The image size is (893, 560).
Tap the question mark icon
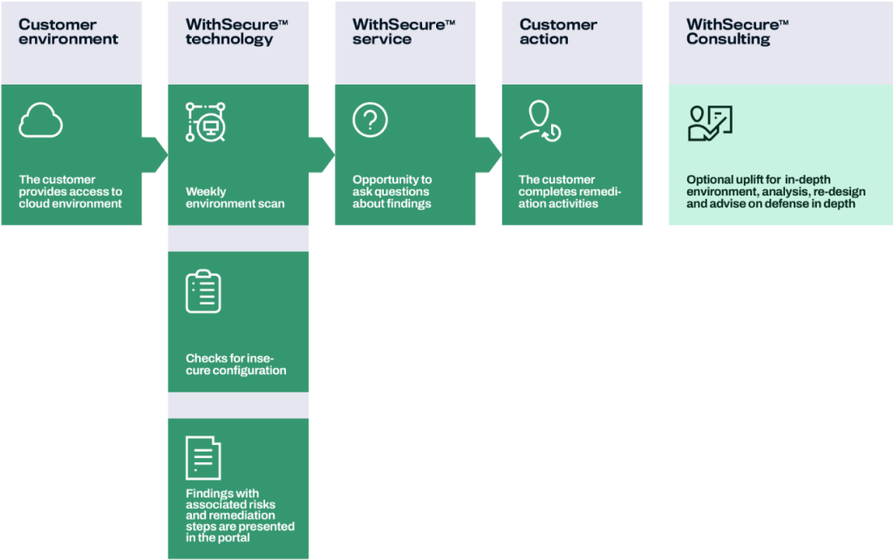tap(370, 120)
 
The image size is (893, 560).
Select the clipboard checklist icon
tap(203, 291)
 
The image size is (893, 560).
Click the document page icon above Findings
tap(203, 458)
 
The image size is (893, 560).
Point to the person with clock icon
tap(541, 121)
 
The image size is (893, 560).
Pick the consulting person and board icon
tap(710, 123)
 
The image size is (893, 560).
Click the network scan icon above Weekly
tap(206, 122)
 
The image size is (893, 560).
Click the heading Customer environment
tap(68, 32)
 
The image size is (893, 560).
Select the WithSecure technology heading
tap(236, 32)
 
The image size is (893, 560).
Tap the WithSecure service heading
tap(403, 32)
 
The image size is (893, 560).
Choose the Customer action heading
tap(558, 32)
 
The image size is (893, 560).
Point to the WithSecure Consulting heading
tap(737, 32)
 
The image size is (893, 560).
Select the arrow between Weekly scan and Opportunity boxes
tap(322, 154)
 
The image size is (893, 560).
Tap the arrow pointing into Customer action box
tap(488, 154)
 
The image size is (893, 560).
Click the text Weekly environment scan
tap(235, 198)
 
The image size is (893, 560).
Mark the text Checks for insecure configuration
tap(235, 365)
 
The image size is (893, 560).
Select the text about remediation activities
tap(569, 191)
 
